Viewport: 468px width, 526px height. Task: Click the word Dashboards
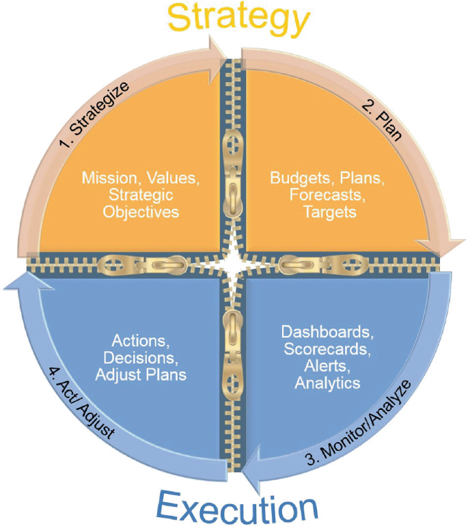(x=327, y=333)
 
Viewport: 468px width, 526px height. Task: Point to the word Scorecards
(x=327, y=350)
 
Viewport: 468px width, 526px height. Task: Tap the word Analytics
(x=327, y=383)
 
